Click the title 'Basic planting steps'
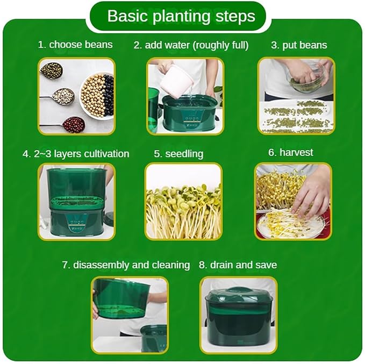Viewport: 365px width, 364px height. point(181,16)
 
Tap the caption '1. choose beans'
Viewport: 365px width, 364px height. point(75,45)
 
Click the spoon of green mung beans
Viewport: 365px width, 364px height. point(52,70)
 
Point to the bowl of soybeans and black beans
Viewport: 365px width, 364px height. point(97,96)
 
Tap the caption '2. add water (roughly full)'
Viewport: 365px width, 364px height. point(191,45)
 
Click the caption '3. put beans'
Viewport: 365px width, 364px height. point(299,45)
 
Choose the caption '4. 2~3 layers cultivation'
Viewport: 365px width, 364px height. point(76,154)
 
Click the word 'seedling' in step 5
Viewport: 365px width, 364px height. point(184,154)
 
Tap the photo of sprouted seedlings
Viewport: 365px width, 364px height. point(183,202)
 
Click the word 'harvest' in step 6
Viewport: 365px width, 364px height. point(296,153)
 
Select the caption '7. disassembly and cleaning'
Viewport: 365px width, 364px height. point(126,265)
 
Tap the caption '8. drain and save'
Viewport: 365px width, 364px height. point(238,265)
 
